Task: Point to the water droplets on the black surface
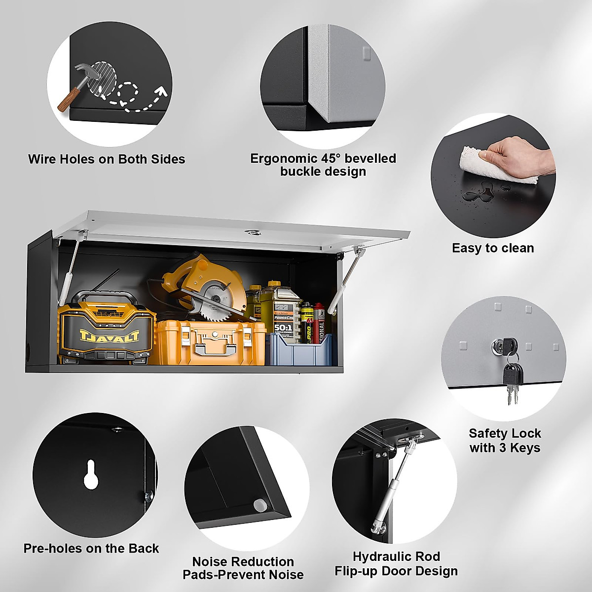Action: pyautogui.click(x=478, y=192)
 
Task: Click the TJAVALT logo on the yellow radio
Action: pyautogui.click(x=109, y=336)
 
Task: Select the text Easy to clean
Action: pyautogui.click(x=493, y=248)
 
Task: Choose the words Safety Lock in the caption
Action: pyautogui.click(x=505, y=434)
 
